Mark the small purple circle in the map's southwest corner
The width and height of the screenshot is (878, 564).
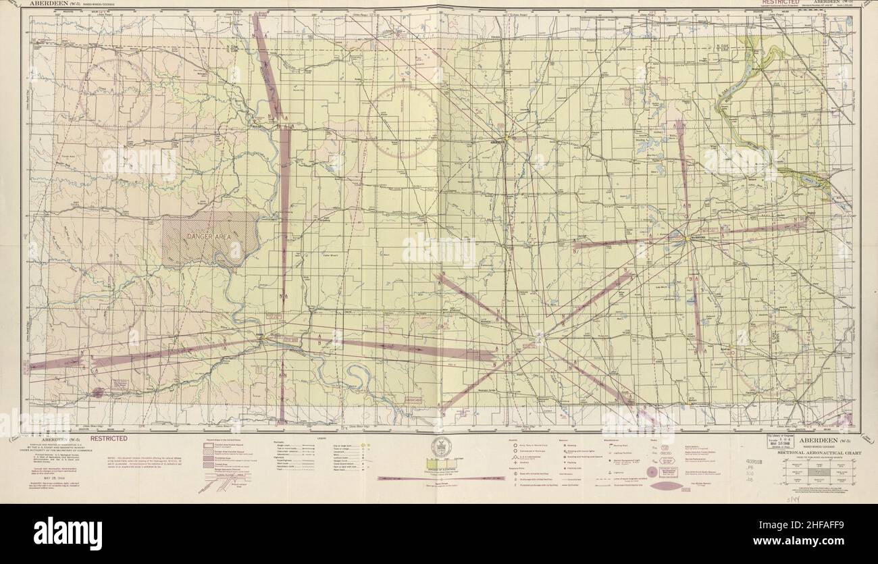click(99, 392)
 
